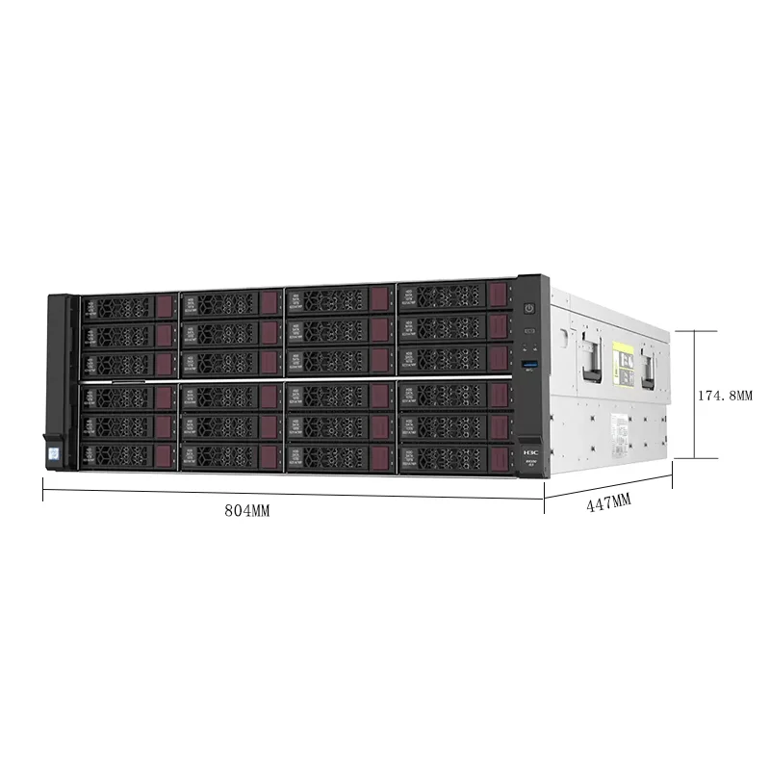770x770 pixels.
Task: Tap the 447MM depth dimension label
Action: tap(608, 501)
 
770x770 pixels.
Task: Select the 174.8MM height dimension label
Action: tap(723, 396)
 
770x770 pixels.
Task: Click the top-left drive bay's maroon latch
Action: tap(164, 307)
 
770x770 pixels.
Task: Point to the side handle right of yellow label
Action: tap(652, 363)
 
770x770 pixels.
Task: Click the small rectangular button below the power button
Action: tap(528, 333)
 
